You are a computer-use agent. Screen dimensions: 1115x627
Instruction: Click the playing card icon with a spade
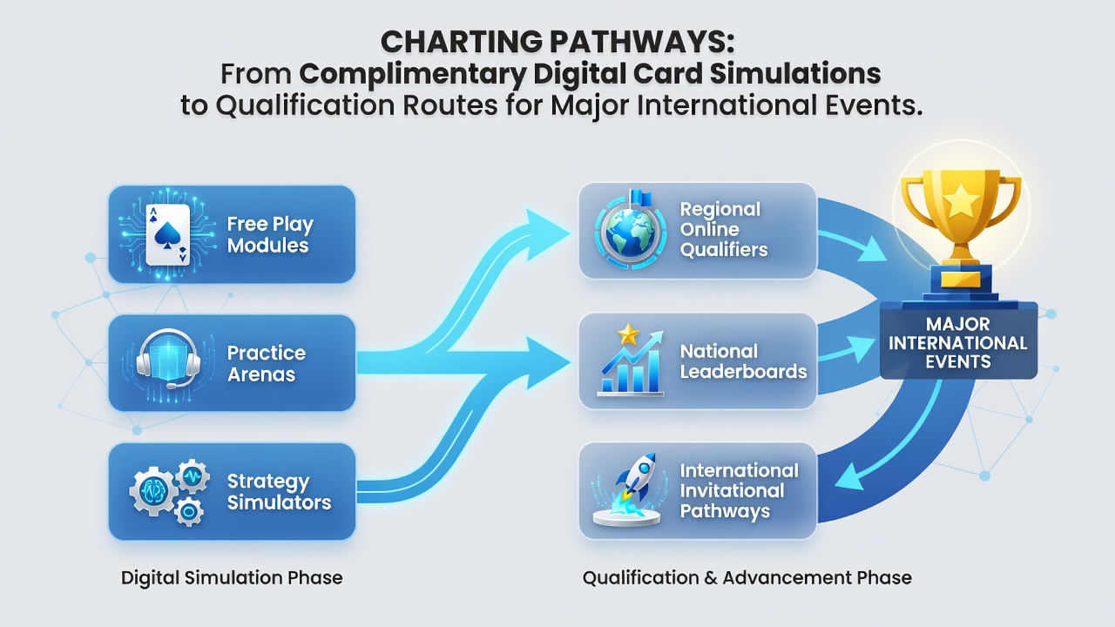(x=168, y=234)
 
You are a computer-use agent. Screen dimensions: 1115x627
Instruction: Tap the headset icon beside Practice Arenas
(x=168, y=358)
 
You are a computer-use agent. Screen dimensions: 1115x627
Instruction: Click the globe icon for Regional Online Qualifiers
(x=630, y=232)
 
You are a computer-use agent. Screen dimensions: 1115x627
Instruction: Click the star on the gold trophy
(x=961, y=201)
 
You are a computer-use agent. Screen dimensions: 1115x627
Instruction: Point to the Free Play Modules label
(x=270, y=234)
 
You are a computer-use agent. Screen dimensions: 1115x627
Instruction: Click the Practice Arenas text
(x=267, y=363)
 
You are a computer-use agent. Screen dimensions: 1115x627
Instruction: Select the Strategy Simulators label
(x=279, y=492)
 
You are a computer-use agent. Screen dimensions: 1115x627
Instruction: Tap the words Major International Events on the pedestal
(x=957, y=343)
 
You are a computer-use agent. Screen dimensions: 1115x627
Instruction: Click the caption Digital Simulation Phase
(x=232, y=577)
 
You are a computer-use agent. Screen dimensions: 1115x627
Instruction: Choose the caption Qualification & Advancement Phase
(x=747, y=577)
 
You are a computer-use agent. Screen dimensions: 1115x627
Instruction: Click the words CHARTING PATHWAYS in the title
(x=557, y=42)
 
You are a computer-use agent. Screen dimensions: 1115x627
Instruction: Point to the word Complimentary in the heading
(x=413, y=74)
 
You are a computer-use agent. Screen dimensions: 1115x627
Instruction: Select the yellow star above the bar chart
(x=628, y=334)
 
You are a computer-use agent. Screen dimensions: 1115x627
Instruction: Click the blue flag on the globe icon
(x=641, y=198)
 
